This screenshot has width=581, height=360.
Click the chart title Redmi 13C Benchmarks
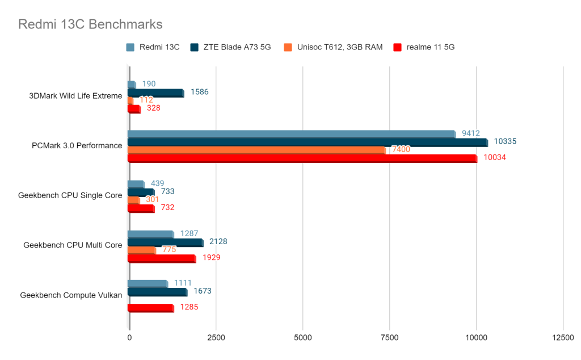click(90, 24)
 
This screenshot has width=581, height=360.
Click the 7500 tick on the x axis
click(390, 337)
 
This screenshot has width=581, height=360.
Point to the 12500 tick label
click(563, 337)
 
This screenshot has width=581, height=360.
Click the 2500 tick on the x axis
click(216, 337)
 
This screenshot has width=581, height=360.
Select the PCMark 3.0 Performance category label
click(77, 145)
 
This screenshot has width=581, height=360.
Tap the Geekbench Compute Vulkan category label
click(71, 295)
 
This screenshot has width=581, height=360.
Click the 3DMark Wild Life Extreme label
click(75, 96)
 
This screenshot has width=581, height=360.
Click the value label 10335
click(505, 141)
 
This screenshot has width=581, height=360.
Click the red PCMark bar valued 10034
click(302, 158)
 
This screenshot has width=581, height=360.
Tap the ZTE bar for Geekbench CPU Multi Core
click(165, 242)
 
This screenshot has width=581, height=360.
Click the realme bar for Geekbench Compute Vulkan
click(150, 308)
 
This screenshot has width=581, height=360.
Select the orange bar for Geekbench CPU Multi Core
click(141, 250)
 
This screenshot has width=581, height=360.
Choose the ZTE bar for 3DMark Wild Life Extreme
click(155, 93)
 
